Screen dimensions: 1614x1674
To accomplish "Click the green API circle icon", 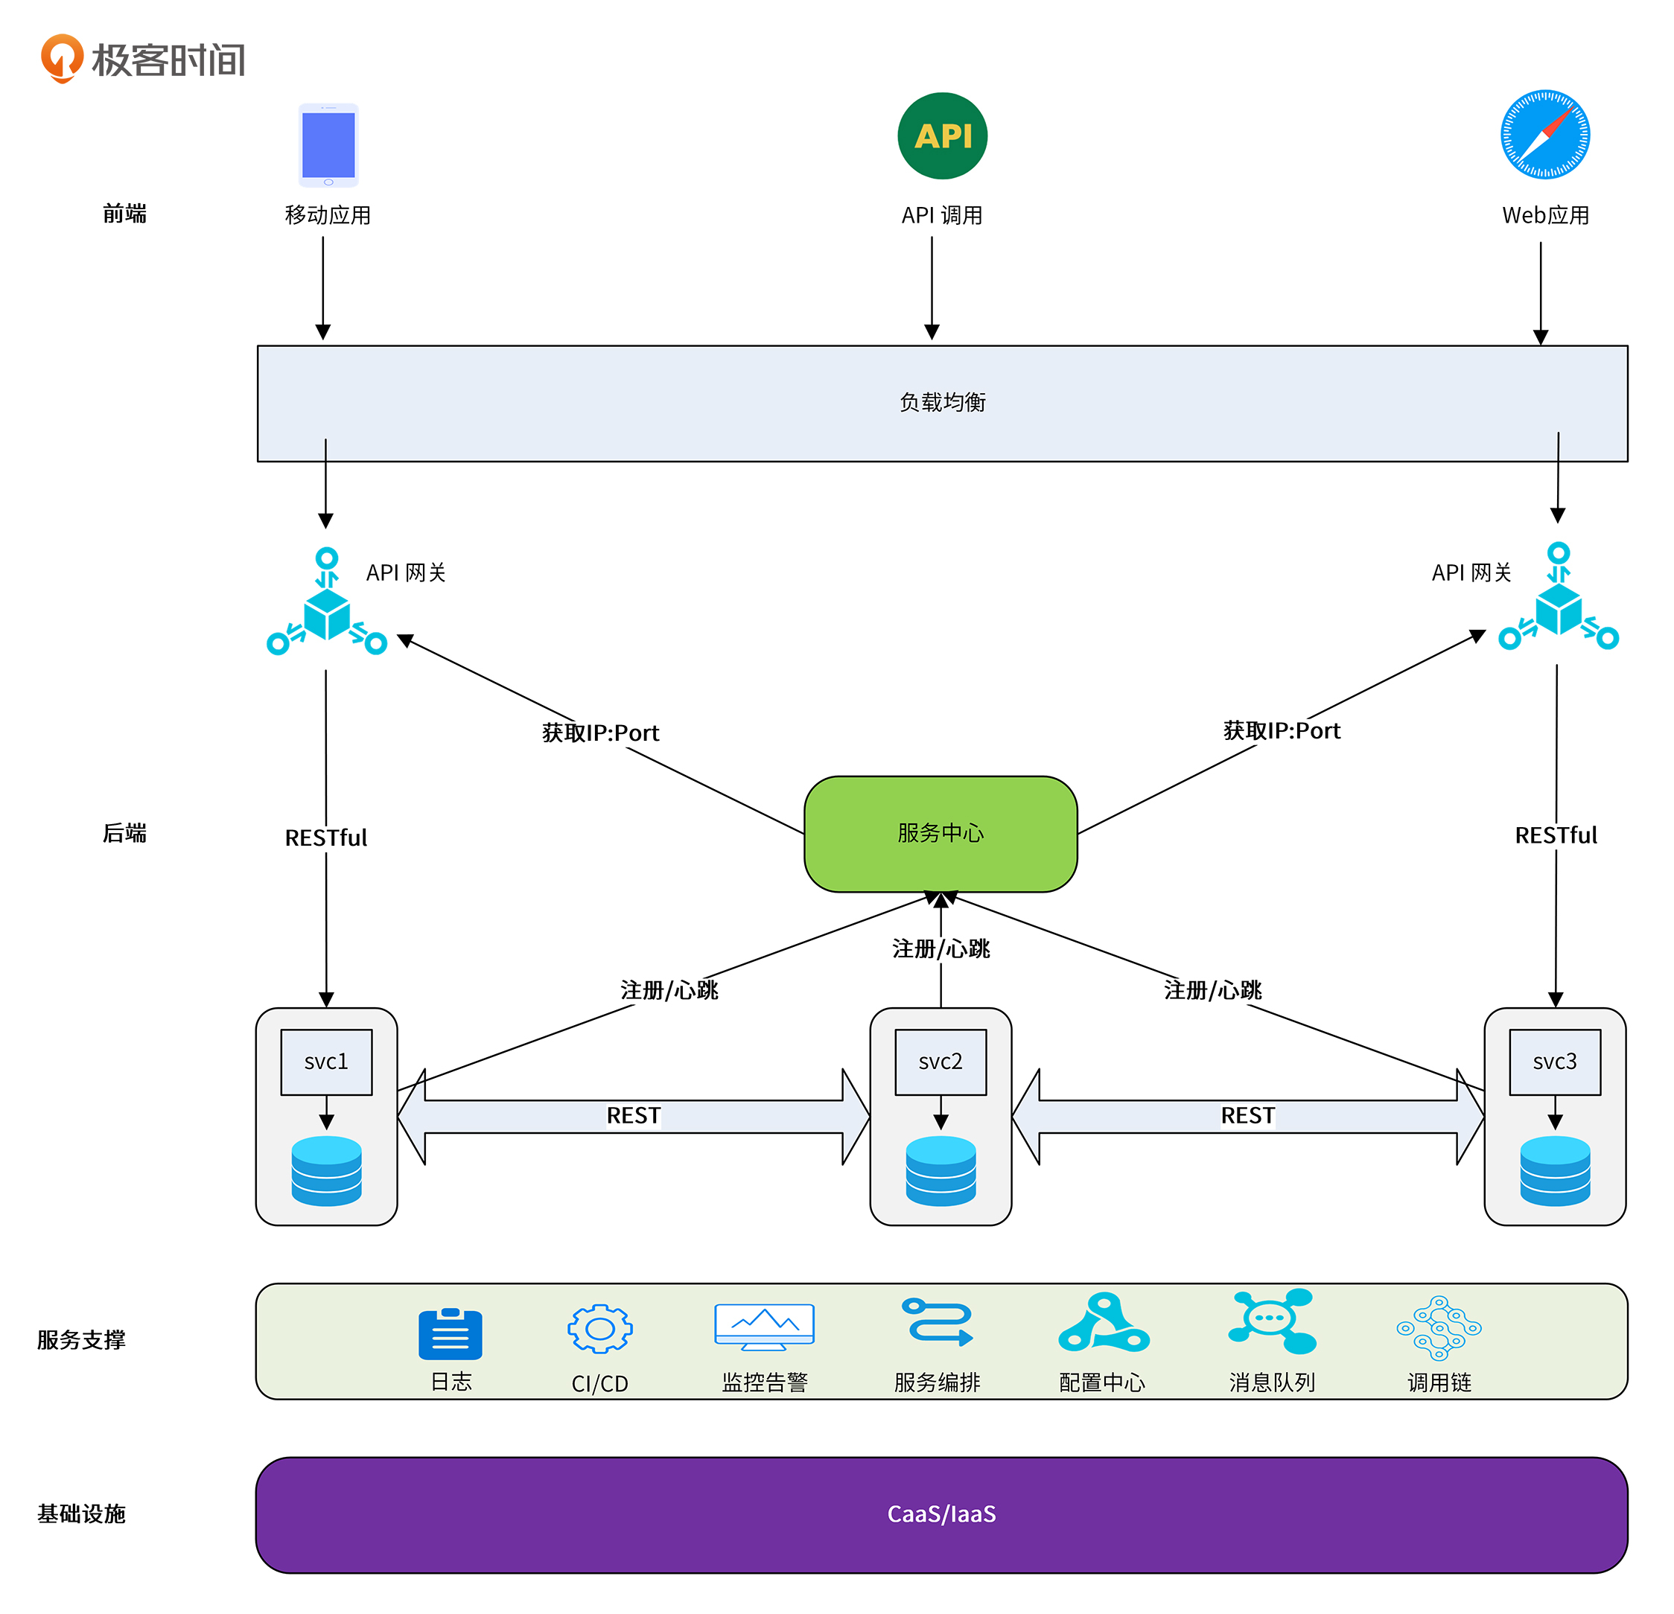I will [941, 135].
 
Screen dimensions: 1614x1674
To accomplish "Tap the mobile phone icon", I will [328, 145].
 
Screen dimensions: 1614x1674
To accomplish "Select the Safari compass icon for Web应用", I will [1544, 135].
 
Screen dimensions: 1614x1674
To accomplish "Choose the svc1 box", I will [326, 1062].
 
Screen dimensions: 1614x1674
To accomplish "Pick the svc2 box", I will [941, 1062].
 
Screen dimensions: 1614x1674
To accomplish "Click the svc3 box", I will [1554, 1062].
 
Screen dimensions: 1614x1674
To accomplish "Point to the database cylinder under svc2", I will [941, 1170].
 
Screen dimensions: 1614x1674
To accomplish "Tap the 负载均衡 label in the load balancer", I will [942, 402].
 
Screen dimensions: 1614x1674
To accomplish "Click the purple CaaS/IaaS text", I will [941, 1514].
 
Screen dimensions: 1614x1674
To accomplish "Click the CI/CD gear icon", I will [599, 1329].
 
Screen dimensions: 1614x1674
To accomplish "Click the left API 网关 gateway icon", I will [326, 603].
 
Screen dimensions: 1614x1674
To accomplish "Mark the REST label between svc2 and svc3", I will [1247, 1115].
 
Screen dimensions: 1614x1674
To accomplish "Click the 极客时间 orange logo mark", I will [62, 58].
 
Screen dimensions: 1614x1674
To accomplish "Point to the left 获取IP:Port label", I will [600, 733].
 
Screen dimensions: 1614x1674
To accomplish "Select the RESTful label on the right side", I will [1556, 835].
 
